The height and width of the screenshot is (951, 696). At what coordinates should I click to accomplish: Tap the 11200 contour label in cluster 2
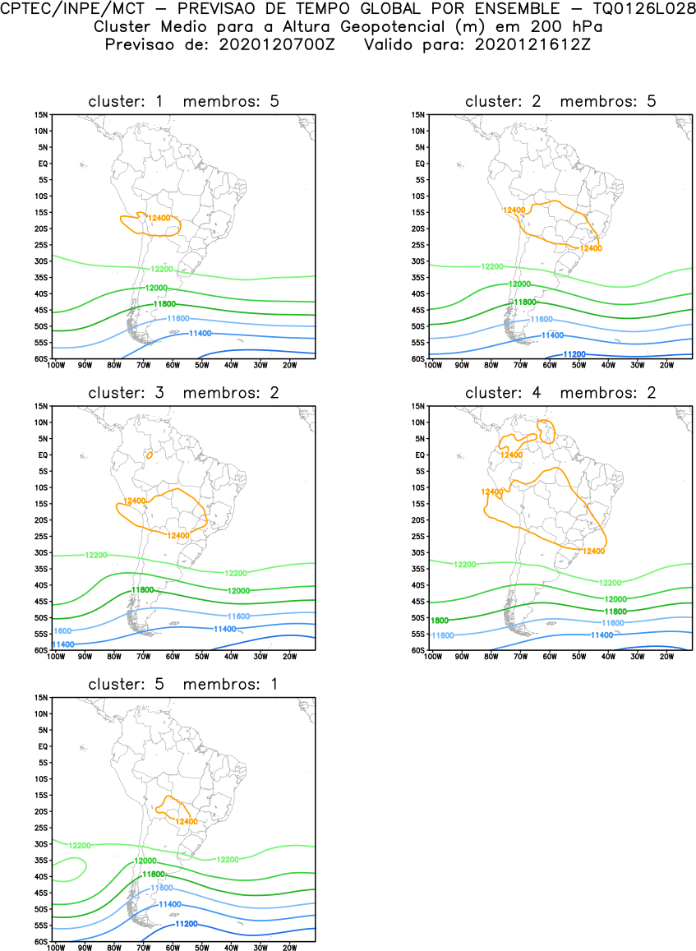[574, 354]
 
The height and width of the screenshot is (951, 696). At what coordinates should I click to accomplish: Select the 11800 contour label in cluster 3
[143, 590]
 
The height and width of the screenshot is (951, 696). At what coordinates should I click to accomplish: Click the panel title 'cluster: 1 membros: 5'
[183, 101]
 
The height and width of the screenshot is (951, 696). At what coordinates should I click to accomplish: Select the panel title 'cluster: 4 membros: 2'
[560, 393]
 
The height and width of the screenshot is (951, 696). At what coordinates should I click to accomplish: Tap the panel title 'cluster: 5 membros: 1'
[183, 684]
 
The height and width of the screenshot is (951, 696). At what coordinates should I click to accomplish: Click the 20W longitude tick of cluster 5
[289, 948]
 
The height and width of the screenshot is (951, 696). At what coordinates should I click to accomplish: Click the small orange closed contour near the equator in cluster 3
[149, 455]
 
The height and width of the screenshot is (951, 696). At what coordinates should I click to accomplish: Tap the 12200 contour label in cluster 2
[492, 266]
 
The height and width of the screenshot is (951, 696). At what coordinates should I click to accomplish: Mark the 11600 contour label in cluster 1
[179, 318]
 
